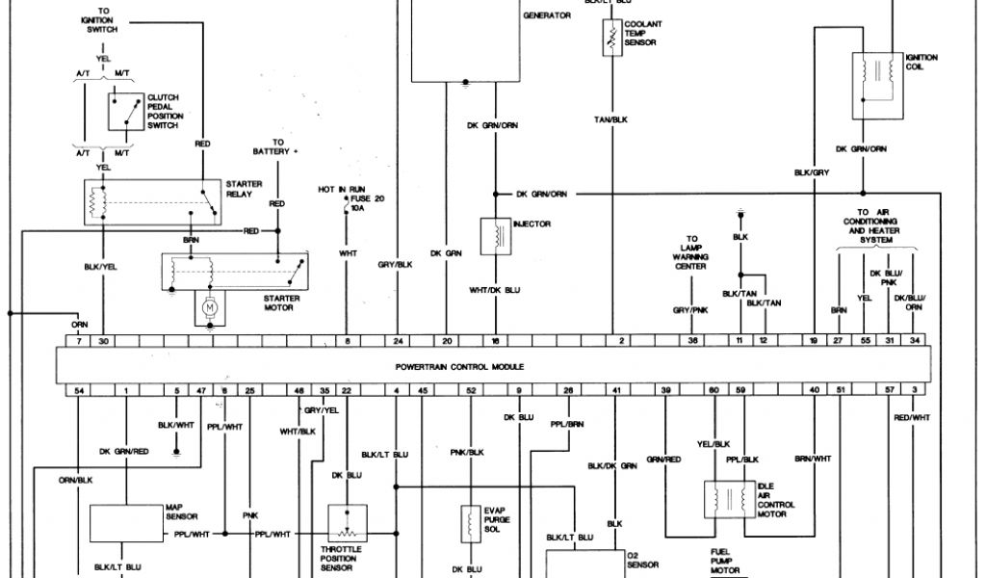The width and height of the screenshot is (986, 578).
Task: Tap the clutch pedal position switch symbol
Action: tap(123, 113)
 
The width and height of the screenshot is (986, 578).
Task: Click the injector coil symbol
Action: tap(494, 234)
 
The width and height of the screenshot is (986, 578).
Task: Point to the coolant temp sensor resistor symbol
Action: tap(609, 38)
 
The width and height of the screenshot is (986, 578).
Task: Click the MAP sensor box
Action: tap(126, 523)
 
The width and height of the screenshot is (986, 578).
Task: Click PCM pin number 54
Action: tap(78, 389)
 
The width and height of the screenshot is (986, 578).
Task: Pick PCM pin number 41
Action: tap(615, 389)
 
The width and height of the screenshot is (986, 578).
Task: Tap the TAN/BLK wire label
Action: tap(610, 119)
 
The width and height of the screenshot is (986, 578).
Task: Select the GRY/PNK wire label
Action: tap(689, 310)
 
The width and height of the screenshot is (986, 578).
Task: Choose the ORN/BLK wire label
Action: tap(75, 479)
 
